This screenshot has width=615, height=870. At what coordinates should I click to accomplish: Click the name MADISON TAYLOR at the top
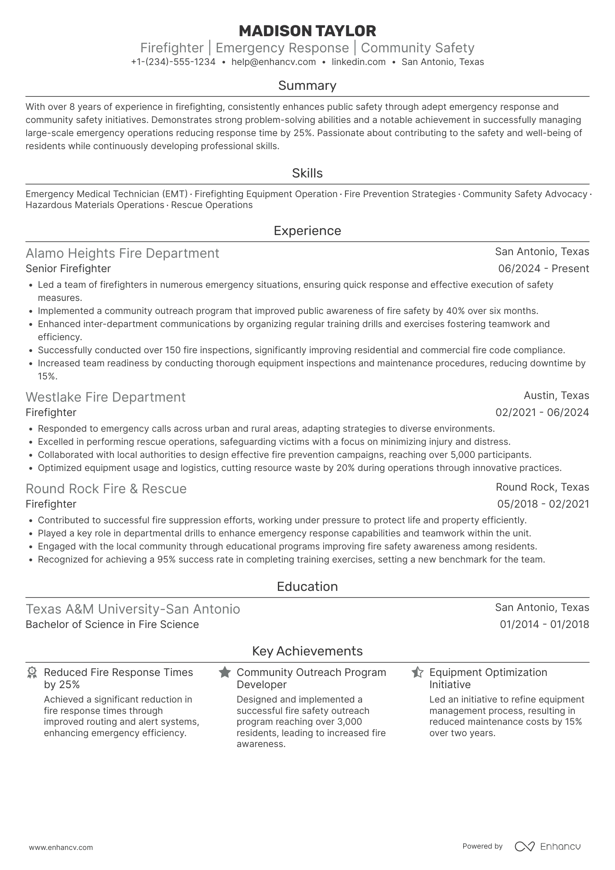[307, 31]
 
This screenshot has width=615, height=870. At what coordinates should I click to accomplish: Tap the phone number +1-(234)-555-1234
[173, 62]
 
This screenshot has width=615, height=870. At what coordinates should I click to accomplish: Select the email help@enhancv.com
[273, 62]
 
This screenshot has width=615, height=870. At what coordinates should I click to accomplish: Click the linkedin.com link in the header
[359, 62]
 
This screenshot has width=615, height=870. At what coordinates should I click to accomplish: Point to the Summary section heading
[307, 85]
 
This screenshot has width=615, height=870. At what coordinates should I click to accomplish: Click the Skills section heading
[307, 173]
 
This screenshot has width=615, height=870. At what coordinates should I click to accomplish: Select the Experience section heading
[307, 231]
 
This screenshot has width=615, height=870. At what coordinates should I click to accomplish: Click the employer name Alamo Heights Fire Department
[123, 253]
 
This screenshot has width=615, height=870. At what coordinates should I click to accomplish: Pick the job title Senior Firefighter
[68, 269]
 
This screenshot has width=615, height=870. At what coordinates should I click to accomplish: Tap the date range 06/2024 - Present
[543, 269]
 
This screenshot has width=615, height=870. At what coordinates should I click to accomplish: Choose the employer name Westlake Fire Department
[106, 397]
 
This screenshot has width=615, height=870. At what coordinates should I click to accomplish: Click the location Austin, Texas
[556, 396]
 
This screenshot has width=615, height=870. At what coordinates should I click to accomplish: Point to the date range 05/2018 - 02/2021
[543, 504]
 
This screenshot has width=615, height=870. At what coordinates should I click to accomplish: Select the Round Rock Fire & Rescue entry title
[106, 489]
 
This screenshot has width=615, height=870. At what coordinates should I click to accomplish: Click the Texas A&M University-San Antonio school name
[133, 609]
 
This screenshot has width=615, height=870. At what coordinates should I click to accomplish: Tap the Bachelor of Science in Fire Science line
[112, 624]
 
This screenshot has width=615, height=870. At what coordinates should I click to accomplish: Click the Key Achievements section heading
[307, 651]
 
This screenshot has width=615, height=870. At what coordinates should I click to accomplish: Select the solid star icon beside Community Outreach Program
[225, 672]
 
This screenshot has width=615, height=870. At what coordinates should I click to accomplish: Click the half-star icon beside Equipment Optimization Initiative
[417, 672]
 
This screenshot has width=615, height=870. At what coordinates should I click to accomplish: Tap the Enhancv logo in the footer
[548, 846]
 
